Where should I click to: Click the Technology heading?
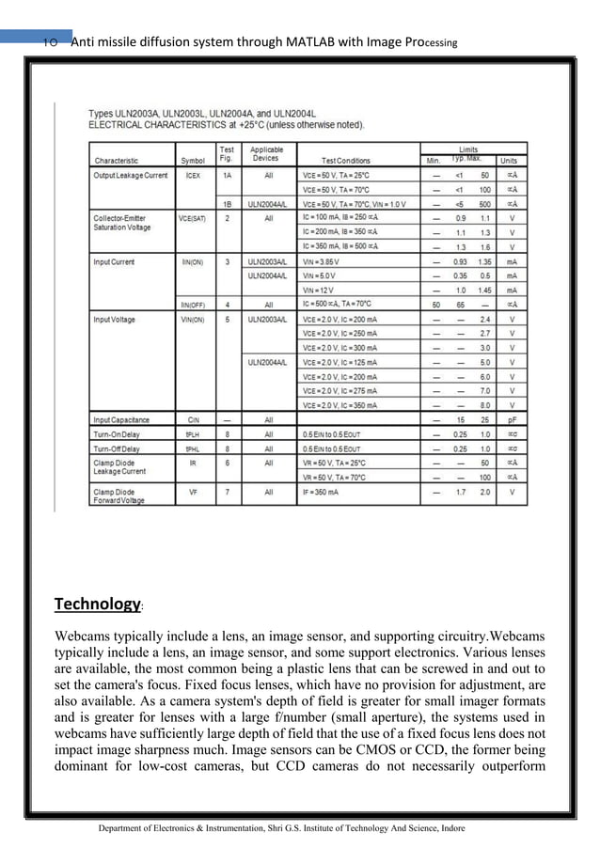[97, 603]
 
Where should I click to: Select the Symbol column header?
[192, 161]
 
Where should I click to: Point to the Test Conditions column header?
[345, 161]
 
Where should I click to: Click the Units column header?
[509, 161]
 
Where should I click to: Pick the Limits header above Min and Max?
[468, 149]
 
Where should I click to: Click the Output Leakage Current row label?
[130, 175]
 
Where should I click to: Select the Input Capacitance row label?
[121, 419]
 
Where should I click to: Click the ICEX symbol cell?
[192, 175]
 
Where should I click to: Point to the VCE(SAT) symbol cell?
[192, 218]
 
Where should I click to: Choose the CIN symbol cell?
[192, 419]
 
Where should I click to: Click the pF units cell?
[512, 419]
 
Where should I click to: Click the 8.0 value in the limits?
[485, 404]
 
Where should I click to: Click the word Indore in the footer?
[446, 827]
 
